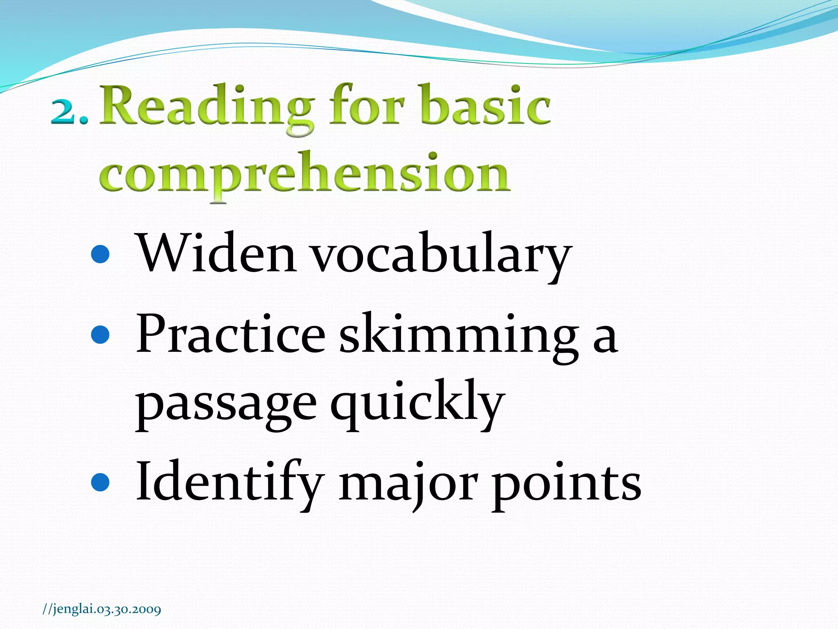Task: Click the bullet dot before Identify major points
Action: click(x=100, y=482)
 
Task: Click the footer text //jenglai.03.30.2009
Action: click(x=102, y=609)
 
